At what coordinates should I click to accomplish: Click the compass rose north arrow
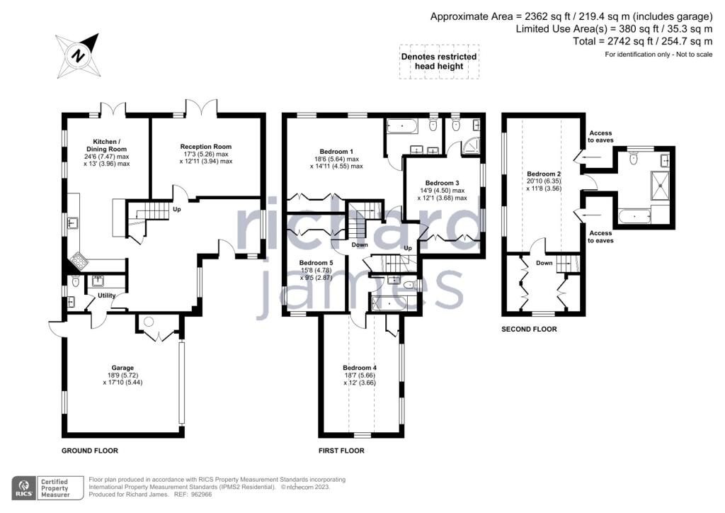click(78, 55)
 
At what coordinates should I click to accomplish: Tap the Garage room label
click(122, 368)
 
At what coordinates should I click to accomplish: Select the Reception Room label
click(206, 147)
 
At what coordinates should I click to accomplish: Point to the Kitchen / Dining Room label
click(106, 145)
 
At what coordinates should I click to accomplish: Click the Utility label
click(106, 295)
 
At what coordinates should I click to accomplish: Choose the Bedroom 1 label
click(336, 151)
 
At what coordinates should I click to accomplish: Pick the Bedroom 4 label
click(359, 368)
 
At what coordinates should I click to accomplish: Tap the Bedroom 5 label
click(316, 263)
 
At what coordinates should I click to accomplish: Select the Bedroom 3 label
click(442, 183)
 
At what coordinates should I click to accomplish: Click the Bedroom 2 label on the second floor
click(544, 174)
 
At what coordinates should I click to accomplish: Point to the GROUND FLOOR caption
click(90, 451)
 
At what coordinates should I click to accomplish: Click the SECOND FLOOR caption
click(529, 329)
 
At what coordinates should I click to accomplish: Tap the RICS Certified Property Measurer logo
click(47, 488)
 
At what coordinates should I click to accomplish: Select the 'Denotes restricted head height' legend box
click(439, 62)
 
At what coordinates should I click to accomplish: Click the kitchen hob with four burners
click(79, 262)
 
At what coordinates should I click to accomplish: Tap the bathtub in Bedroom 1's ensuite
click(402, 125)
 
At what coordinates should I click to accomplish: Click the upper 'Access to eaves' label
click(600, 137)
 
